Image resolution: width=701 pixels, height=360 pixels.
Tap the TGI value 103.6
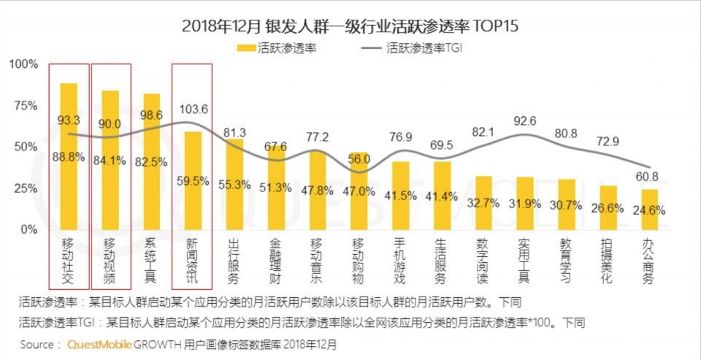(x=193, y=109)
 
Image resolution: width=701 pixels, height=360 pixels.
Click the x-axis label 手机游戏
(x=400, y=261)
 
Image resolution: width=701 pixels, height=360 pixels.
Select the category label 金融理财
(x=277, y=261)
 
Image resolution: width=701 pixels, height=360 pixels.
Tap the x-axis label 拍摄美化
(x=608, y=261)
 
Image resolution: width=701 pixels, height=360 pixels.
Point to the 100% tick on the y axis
(x=23, y=64)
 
